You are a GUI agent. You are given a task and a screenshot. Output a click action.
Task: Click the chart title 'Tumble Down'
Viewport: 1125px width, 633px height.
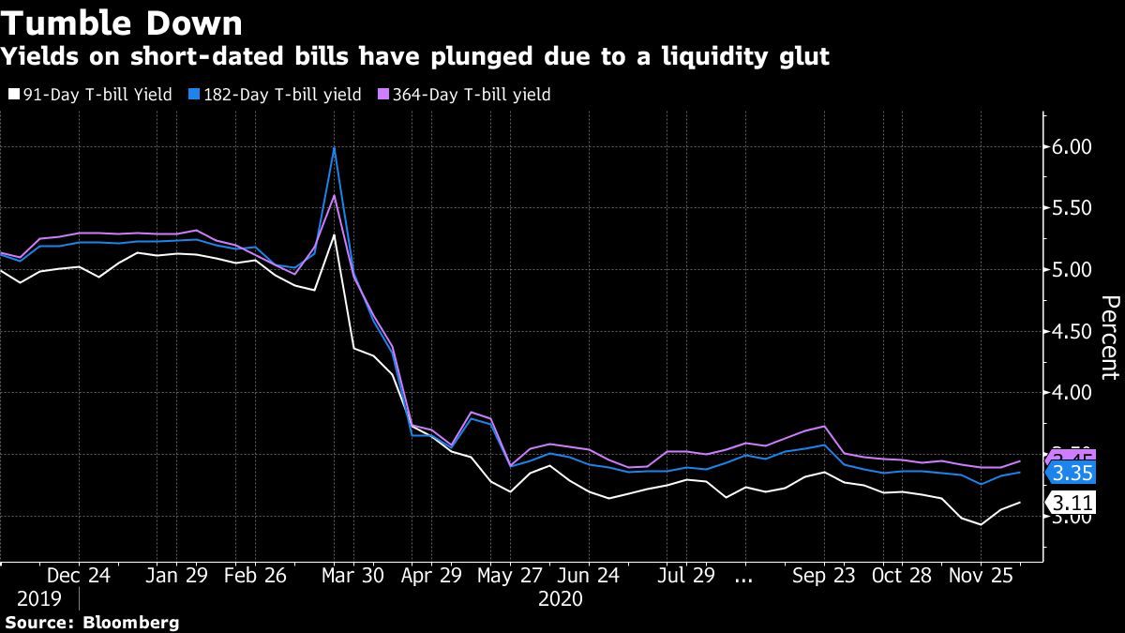tap(123, 22)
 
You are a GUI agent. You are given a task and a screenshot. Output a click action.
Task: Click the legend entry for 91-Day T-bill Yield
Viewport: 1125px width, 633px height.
tap(89, 95)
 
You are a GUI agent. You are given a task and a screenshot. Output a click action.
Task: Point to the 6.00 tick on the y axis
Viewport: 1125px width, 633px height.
tap(1072, 147)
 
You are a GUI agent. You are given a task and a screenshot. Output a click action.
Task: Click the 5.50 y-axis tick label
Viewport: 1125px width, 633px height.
tap(1072, 208)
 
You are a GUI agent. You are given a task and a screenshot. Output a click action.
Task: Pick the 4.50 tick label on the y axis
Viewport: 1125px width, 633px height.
tap(1072, 331)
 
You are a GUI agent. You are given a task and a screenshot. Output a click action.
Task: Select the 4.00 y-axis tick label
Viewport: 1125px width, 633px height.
tap(1072, 393)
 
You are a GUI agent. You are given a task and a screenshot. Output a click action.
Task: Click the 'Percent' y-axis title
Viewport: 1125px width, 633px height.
tap(1110, 338)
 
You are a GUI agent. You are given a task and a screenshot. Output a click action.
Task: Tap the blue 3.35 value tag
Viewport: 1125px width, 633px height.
tap(1072, 473)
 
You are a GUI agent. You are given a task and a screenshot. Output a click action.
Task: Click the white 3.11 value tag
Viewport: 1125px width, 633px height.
tap(1072, 502)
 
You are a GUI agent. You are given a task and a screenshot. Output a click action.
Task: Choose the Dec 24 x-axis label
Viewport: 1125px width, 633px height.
tap(79, 576)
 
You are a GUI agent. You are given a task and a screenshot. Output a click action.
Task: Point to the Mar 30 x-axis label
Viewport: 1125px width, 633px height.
tap(352, 576)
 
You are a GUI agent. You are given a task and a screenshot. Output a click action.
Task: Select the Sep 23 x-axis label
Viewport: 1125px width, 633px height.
tap(822, 576)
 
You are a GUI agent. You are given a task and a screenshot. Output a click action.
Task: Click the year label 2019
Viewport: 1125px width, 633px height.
tap(38, 598)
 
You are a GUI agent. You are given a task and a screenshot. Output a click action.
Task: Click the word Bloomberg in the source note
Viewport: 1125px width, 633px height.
tap(131, 623)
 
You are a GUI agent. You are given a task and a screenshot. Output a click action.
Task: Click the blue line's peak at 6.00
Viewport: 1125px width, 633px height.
tap(334, 147)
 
